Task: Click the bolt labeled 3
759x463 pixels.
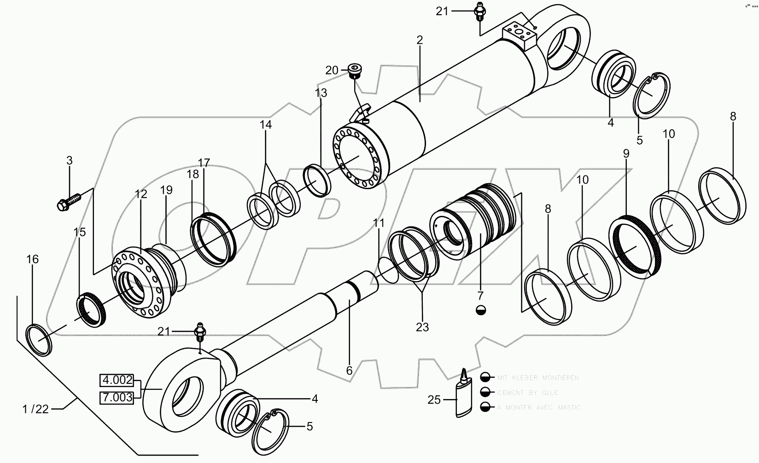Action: pos(69,201)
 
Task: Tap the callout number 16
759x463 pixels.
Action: pos(32,259)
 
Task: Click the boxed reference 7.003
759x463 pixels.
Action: pos(117,397)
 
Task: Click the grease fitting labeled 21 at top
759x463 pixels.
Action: pos(479,11)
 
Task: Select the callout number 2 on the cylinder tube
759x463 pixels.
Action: pos(419,40)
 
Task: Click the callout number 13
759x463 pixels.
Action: pos(321,93)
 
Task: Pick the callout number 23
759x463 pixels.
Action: pos(422,327)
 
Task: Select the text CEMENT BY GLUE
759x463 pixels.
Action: pos(527,393)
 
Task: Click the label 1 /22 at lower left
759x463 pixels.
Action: pos(36,409)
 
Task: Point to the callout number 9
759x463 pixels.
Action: pos(626,154)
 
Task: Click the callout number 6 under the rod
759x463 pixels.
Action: pos(349,370)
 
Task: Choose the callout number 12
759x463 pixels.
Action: pos(141,194)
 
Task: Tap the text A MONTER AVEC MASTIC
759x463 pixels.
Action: pos(538,407)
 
